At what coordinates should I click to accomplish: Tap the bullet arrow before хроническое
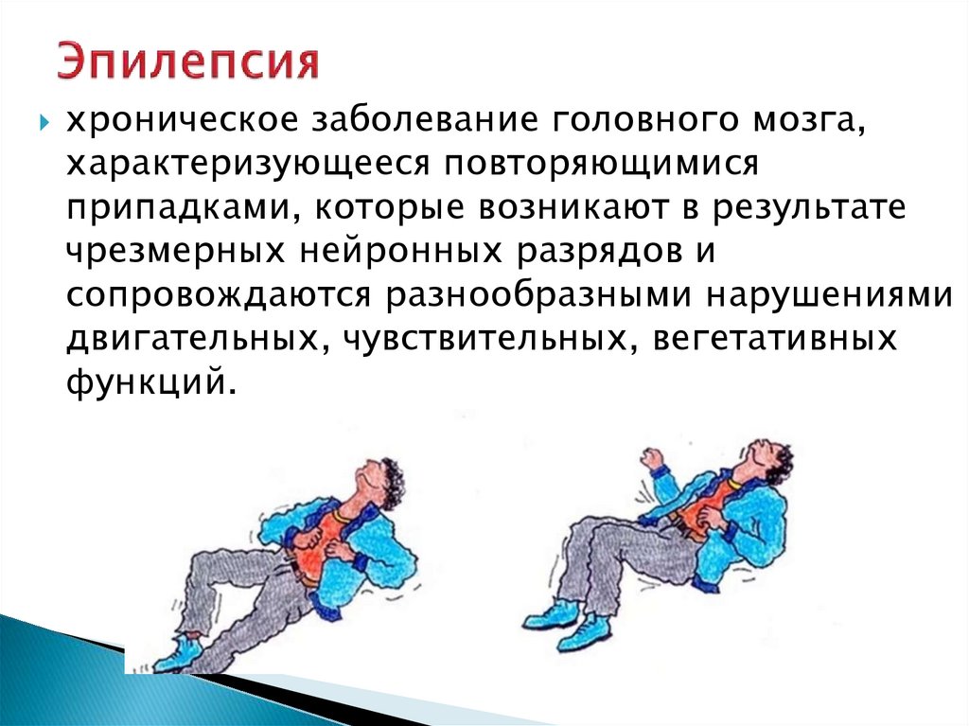pyautogui.click(x=43, y=124)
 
